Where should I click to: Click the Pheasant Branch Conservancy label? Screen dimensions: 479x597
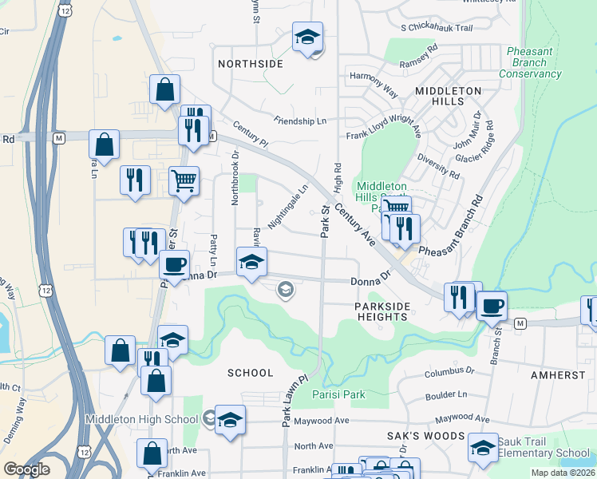(x=530, y=63)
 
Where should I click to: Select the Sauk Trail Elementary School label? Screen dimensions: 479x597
(x=543, y=447)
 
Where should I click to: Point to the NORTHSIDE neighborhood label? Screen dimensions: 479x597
(x=250, y=63)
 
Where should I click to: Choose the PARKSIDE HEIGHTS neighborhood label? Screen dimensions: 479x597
(x=382, y=311)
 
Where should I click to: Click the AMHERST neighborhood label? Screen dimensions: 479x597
(x=558, y=374)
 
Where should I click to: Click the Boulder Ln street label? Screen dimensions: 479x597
(x=446, y=394)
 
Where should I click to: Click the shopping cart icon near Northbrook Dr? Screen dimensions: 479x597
(x=184, y=182)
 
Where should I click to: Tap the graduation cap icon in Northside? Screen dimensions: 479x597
(x=306, y=37)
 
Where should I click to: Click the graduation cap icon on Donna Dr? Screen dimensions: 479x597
(x=251, y=262)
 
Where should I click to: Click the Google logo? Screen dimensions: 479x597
(x=27, y=469)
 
